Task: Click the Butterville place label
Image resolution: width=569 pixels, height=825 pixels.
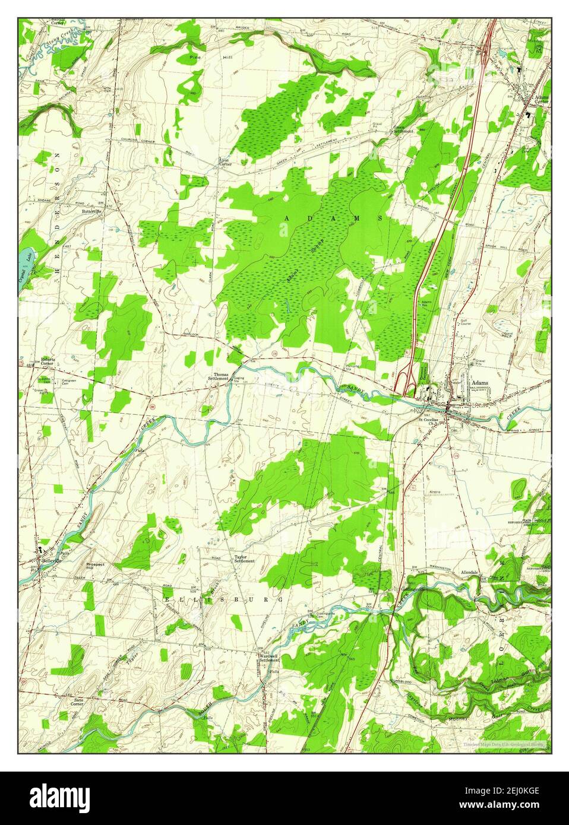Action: (91, 211)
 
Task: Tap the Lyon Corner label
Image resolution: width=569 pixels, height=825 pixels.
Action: (224, 162)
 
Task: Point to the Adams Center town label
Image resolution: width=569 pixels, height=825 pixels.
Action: (540, 99)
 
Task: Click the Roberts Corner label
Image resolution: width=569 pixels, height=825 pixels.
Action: (47, 361)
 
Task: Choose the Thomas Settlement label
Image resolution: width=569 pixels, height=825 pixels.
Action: (221, 377)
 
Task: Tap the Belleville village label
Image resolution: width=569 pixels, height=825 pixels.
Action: (46, 560)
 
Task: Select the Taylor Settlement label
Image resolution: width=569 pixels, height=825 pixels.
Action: (244, 559)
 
